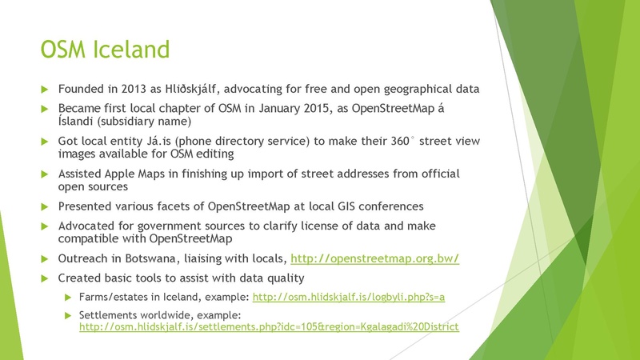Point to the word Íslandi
pyautogui.click(x=79, y=122)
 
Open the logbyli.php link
pyautogui.click(x=348, y=297)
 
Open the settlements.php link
pyautogui.click(x=268, y=328)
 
